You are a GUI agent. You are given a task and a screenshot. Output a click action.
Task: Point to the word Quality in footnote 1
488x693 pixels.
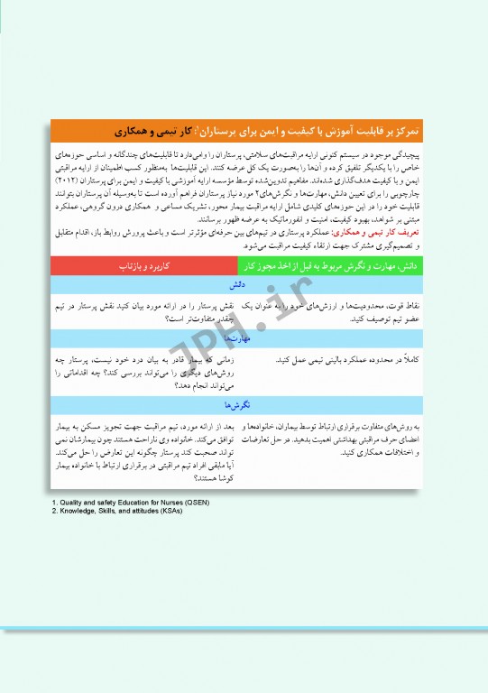point(69,502)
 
